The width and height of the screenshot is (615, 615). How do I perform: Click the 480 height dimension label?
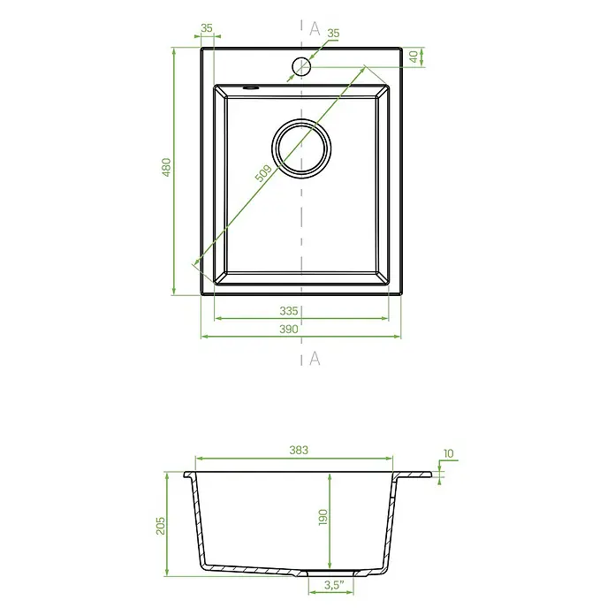pyautogui.click(x=167, y=167)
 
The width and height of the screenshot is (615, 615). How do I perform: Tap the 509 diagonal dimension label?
pyautogui.click(x=263, y=173)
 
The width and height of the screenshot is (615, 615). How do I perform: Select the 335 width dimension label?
pyautogui.click(x=289, y=311)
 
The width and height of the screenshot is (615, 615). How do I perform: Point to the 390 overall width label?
pyautogui.click(x=289, y=329)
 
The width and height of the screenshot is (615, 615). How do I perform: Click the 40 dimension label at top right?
pyautogui.click(x=414, y=57)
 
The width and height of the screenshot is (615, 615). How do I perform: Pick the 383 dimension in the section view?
pyautogui.click(x=299, y=450)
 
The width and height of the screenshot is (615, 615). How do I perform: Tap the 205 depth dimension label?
pyautogui.click(x=161, y=526)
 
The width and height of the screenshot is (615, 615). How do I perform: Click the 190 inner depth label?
pyautogui.click(x=323, y=517)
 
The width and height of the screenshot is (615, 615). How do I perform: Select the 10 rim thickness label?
pyautogui.click(x=448, y=453)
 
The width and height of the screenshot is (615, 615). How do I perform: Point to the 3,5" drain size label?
pyautogui.click(x=334, y=585)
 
